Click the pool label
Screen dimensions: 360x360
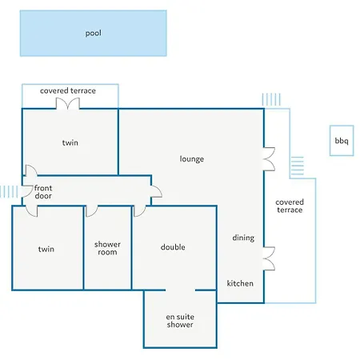point(94,33)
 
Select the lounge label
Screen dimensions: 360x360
point(192,159)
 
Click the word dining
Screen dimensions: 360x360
point(243,238)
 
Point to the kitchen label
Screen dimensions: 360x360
point(240,283)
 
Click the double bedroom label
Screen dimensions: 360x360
point(173,247)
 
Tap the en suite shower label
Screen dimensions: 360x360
point(180,321)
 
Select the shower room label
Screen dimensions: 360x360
point(107,248)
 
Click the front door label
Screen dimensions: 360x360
point(43,192)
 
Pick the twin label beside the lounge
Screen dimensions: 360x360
point(70,142)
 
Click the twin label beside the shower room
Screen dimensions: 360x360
point(46,249)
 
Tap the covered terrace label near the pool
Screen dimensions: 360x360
point(68,90)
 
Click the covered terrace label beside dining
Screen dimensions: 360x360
point(290,206)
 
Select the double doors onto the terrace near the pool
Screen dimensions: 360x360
point(68,103)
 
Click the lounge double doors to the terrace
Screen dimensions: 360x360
point(269,159)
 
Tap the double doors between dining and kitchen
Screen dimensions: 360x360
point(269,258)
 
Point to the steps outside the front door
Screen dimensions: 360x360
point(9,191)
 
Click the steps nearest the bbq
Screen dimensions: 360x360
point(297,166)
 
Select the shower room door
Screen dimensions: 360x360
point(92,211)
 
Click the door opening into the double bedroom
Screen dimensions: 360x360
point(140,211)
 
